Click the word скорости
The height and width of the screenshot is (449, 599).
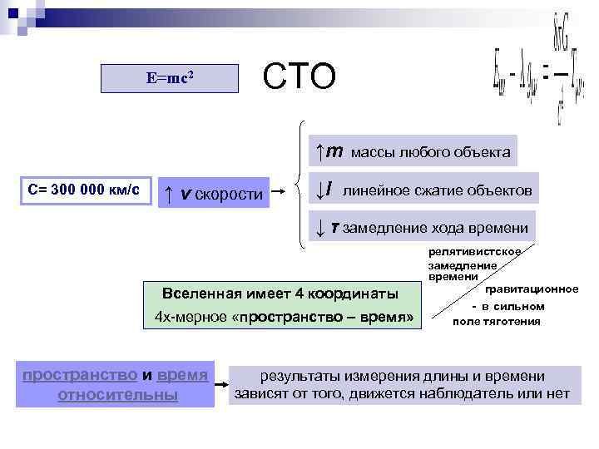coord(229,194)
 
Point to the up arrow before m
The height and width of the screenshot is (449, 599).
coord(319,151)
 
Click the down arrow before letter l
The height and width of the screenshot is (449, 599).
coord(319,190)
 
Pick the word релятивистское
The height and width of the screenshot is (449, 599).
coord(475,252)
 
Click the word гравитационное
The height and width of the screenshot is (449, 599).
coord(532,289)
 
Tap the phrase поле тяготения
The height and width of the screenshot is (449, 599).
coord(496,321)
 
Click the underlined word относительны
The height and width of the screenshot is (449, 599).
coord(117,395)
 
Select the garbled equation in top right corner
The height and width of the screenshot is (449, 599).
coord(537,75)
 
